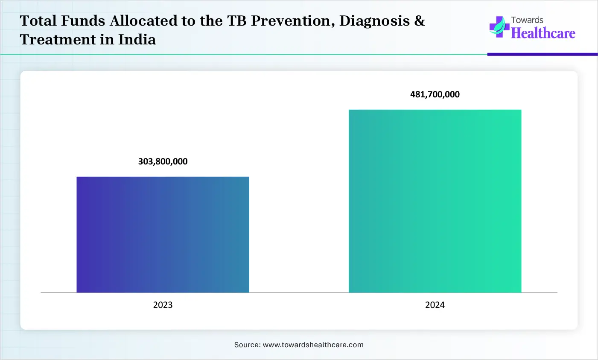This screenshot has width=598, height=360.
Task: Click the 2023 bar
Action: [x=163, y=234]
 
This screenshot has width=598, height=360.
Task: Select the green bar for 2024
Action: [x=435, y=201]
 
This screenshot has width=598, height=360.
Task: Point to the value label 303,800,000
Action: [x=163, y=161]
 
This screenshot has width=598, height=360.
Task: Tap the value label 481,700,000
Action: [x=435, y=94]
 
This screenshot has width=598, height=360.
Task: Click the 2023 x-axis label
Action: [x=163, y=305]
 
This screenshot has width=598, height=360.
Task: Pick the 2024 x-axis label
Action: [x=435, y=305]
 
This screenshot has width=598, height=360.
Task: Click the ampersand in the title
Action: [x=419, y=21]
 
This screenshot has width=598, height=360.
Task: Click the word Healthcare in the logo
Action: [x=543, y=33]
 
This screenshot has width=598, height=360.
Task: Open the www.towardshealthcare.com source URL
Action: [x=313, y=345]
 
